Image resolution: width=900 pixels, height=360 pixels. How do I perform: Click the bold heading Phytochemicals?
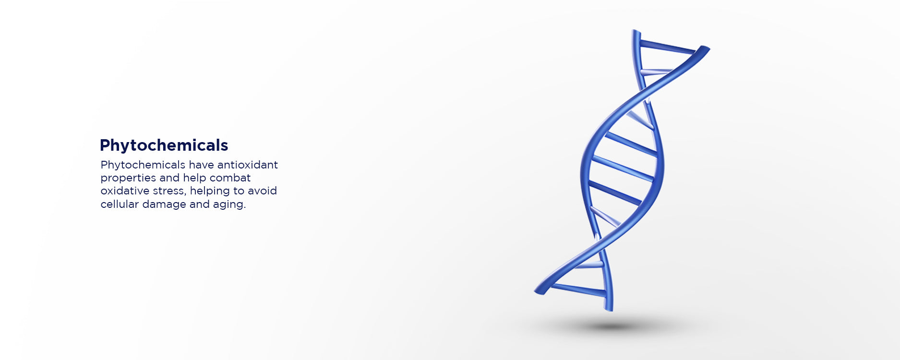click(x=164, y=145)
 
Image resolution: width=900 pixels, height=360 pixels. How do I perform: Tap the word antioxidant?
click(x=247, y=165)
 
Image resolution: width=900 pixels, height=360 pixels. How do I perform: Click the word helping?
click(x=210, y=191)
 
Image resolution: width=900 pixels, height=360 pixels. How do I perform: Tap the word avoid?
click(x=262, y=191)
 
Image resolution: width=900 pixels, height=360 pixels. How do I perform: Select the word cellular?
click(x=120, y=204)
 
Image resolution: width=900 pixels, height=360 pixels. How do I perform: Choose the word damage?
click(x=164, y=204)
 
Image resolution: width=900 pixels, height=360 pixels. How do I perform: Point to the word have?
click(x=201, y=165)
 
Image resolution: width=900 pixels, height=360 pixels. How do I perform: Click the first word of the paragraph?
click(x=143, y=165)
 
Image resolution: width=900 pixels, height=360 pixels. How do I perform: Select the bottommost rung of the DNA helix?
click(x=579, y=289)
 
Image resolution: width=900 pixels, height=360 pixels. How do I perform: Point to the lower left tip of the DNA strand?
click(x=538, y=291)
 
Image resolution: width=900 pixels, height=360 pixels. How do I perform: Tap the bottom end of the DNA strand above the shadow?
click(x=609, y=309)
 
